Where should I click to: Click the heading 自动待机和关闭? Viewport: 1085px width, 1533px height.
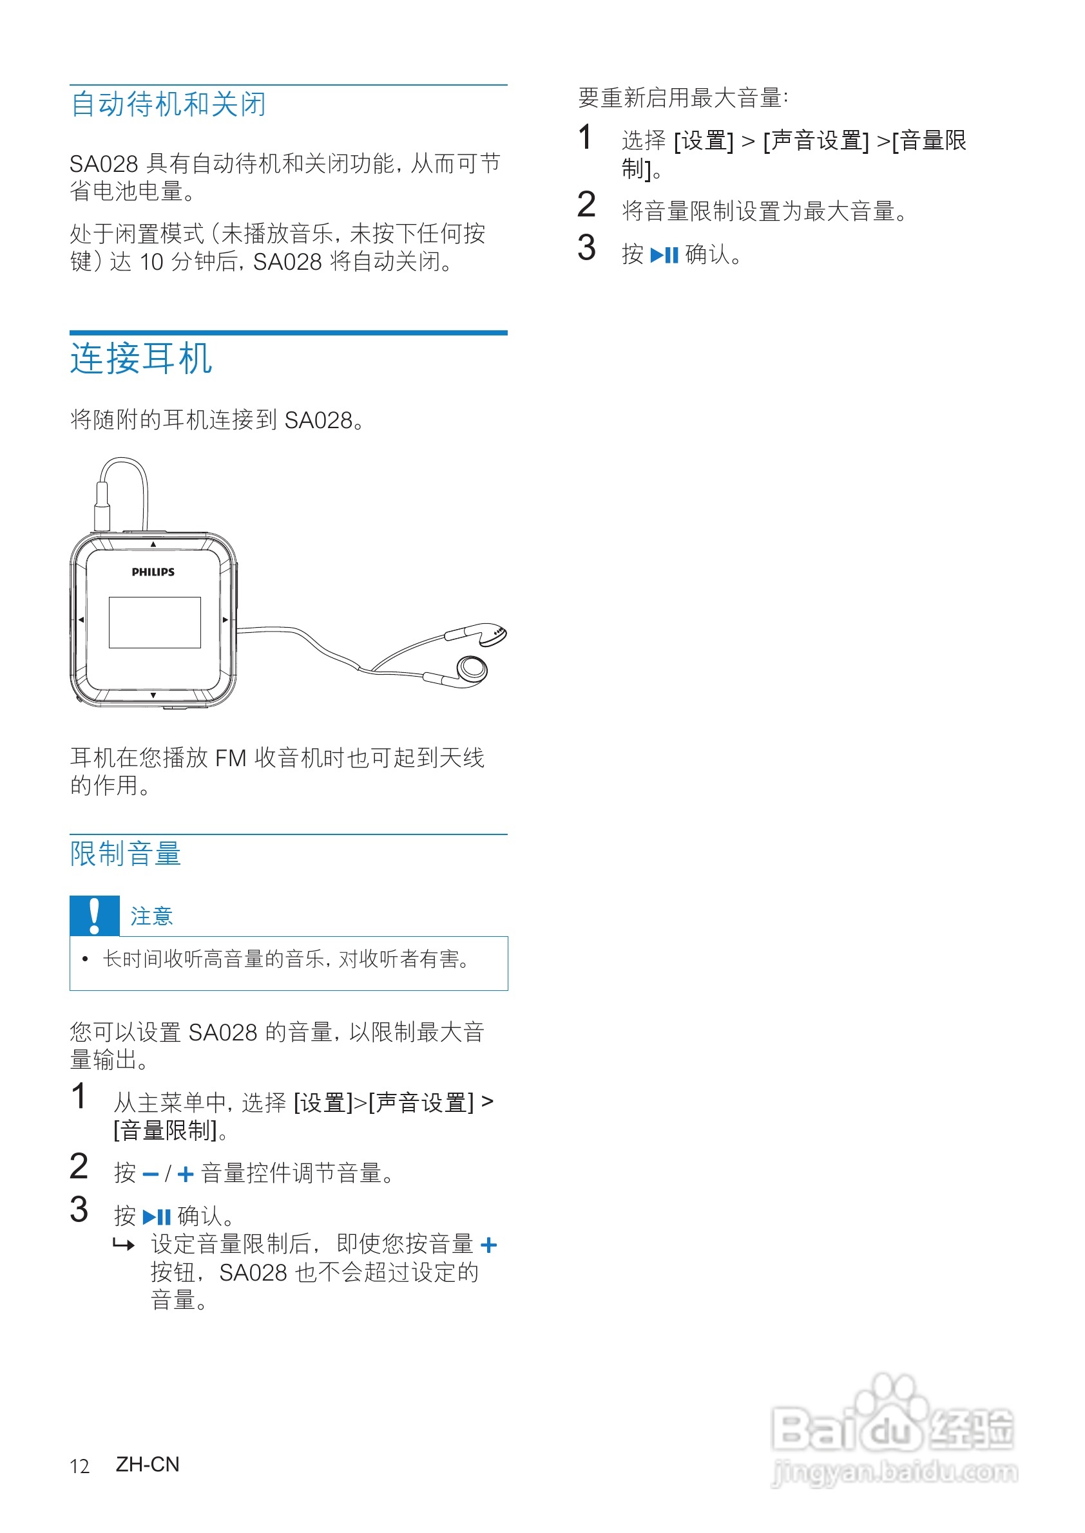coord(168,104)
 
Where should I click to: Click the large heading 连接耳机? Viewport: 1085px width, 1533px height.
coord(141,359)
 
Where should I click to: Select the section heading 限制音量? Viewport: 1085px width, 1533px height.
coord(126,854)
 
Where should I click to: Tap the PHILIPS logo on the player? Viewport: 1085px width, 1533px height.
coord(153,572)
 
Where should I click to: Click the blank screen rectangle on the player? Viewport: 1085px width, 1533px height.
coord(155,623)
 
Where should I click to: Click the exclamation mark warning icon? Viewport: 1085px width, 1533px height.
coord(94,916)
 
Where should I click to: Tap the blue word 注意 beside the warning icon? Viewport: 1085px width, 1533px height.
coord(151,916)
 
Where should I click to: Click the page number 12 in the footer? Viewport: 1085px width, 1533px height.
coord(79,1466)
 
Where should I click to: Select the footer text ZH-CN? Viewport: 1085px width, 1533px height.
coord(148,1464)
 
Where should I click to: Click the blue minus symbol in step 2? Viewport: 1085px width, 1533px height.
coord(150,1174)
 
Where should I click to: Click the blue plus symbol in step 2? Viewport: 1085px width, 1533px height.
coord(185,1174)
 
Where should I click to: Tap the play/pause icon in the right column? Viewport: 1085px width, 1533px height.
coord(664,255)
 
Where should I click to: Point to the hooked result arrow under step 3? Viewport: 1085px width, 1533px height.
coord(124,1245)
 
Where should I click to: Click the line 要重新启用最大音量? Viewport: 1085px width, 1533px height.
coord(682,98)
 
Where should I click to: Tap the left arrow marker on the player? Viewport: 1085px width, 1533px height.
coord(81,619)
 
